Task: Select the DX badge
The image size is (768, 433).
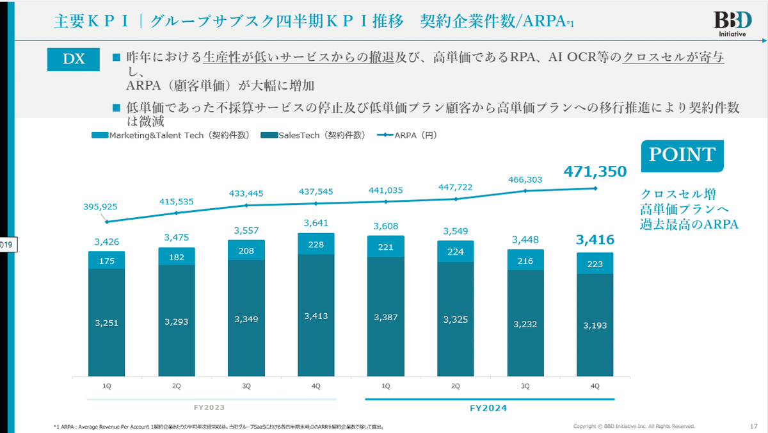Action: [74, 59]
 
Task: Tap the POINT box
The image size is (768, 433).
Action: [682, 155]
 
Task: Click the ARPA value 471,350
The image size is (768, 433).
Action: [595, 171]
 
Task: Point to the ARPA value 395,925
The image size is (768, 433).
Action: [106, 207]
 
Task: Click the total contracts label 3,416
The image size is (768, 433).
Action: [595, 240]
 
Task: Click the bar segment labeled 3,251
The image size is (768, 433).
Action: [106, 322]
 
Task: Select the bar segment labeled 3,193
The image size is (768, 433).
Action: [595, 325]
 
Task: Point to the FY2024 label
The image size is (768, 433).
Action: [490, 407]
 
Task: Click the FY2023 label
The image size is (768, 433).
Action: [211, 407]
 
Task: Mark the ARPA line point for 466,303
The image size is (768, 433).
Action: [525, 191]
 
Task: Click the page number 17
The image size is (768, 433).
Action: [753, 426]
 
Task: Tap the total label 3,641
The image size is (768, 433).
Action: [316, 224]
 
